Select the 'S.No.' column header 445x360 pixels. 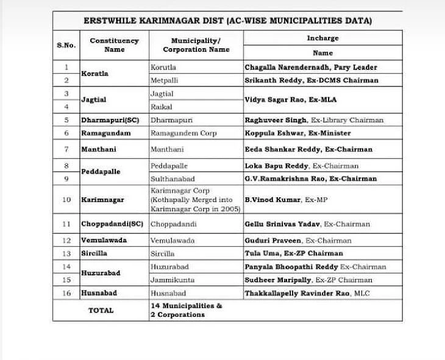[x=66, y=45]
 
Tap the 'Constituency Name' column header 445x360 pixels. [x=114, y=45]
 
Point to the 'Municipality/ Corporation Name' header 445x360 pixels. [x=196, y=45]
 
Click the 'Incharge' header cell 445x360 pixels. [x=322, y=38]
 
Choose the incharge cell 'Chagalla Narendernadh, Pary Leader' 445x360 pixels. [x=311, y=67]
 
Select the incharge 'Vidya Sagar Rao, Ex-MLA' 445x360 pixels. [x=291, y=99]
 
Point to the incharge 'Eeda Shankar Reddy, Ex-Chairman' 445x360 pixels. [x=308, y=149]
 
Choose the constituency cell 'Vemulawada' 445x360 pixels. [x=104, y=241]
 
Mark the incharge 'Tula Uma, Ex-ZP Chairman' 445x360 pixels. [x=294, y=253]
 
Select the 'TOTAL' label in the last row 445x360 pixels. [x=101, y=310]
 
